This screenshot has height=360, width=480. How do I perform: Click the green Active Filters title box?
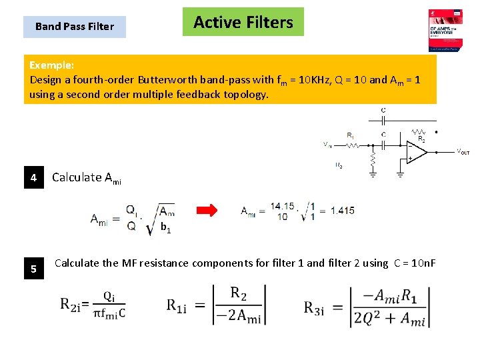243,22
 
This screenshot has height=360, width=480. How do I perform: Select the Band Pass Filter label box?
74,27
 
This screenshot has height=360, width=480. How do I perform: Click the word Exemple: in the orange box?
52,65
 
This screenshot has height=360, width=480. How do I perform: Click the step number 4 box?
33,178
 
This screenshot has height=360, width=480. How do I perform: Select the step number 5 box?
33,269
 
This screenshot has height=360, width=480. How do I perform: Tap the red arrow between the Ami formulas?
207,211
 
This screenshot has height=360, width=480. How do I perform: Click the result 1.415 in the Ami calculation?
342,211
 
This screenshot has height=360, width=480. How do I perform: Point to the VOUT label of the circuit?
463,153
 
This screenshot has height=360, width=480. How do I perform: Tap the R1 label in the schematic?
351,135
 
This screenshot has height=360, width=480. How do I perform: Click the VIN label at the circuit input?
327,144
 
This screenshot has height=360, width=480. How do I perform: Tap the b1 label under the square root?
166,228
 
